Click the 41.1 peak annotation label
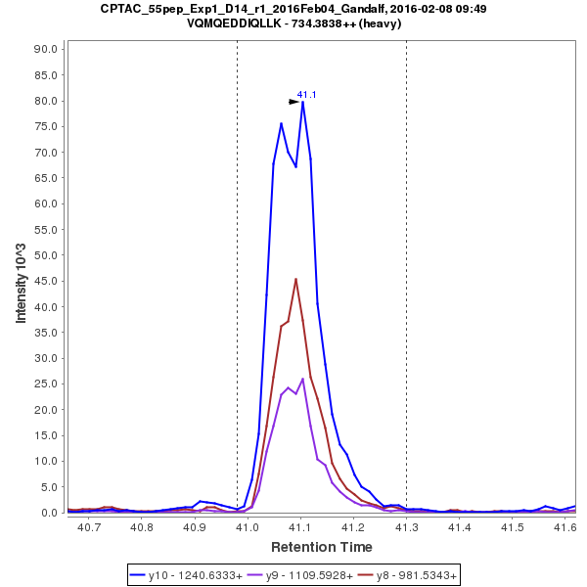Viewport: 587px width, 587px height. point(306,95)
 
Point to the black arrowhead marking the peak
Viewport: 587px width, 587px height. point(293,101)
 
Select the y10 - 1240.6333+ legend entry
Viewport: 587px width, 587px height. point(195,574)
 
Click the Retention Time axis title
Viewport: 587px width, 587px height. point(322,546)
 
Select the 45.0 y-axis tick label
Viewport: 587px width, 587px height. point(49,281)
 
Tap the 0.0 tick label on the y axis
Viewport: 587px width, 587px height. point(52,513)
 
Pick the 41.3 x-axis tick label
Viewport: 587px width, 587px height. point(406,527)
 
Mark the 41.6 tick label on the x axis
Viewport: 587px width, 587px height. point(564,527)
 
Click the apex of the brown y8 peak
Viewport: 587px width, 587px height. point(295,279)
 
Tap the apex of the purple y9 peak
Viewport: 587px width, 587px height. point(303,379)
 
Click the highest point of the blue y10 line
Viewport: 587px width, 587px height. point(303,102)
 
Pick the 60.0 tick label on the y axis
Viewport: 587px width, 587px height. point(49,203)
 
